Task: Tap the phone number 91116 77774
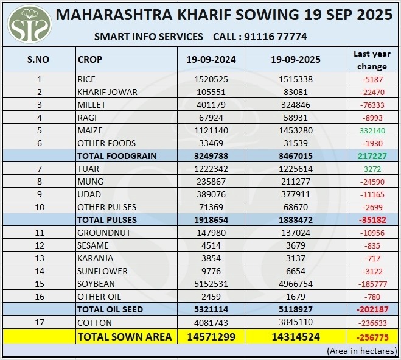(275, 37)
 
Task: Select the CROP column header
(90, 60)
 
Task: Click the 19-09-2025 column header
(295, 60)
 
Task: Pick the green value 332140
(372, 130)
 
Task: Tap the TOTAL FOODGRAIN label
(117, 156)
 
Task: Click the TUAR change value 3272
(372, 169)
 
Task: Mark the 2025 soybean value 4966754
(295, 284)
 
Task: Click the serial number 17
(40, 322)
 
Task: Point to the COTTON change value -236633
(372, 322)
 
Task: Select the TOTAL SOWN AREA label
(124, 336)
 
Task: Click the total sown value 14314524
(295, 336)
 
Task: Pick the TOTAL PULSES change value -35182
(372, 220)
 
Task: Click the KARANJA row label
(95, 258)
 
